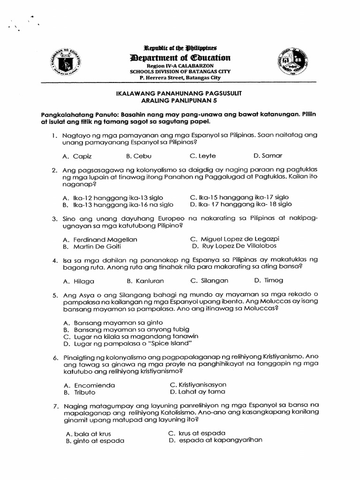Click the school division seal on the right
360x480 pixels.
[x=292, y=62]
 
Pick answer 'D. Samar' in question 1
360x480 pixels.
[x=268, y=156]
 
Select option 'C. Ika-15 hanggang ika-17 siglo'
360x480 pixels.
[x=239, y=197]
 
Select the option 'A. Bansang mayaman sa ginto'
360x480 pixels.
[x=112, y=322]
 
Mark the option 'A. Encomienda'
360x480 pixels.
[x=89, y=385]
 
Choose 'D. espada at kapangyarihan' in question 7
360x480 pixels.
[x=215, y=440]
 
